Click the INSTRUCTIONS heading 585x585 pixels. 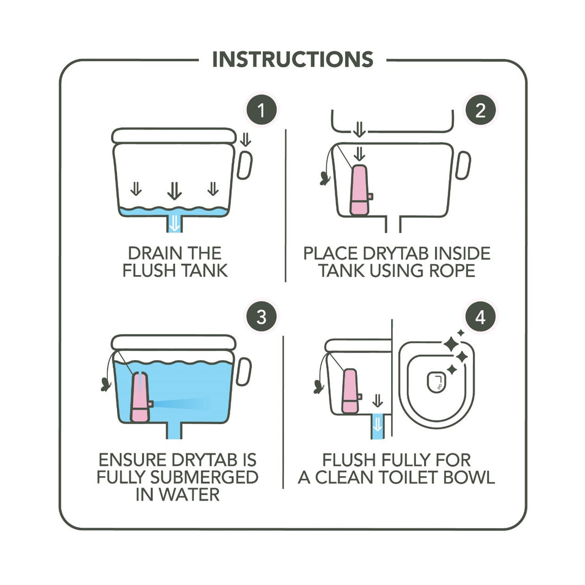pos(292,60)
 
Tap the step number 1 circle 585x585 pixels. pos(261,110)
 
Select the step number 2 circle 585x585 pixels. pos(480,110)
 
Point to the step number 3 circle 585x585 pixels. pos(261,317)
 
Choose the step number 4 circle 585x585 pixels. pos(480,317)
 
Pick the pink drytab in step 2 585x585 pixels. pos(360,190)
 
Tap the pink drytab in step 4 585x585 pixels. pos(350,391)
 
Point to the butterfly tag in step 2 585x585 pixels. pos(325,178)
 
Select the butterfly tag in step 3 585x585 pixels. pos(106,384)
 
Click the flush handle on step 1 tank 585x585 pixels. pos(245,165)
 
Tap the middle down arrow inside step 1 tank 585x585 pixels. pos(174,190)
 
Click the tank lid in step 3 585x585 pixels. pos(174,342)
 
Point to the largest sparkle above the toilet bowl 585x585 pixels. pos(451,343)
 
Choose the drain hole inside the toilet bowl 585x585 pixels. pos(435,382)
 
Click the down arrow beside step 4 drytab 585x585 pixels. pos(378,401)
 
